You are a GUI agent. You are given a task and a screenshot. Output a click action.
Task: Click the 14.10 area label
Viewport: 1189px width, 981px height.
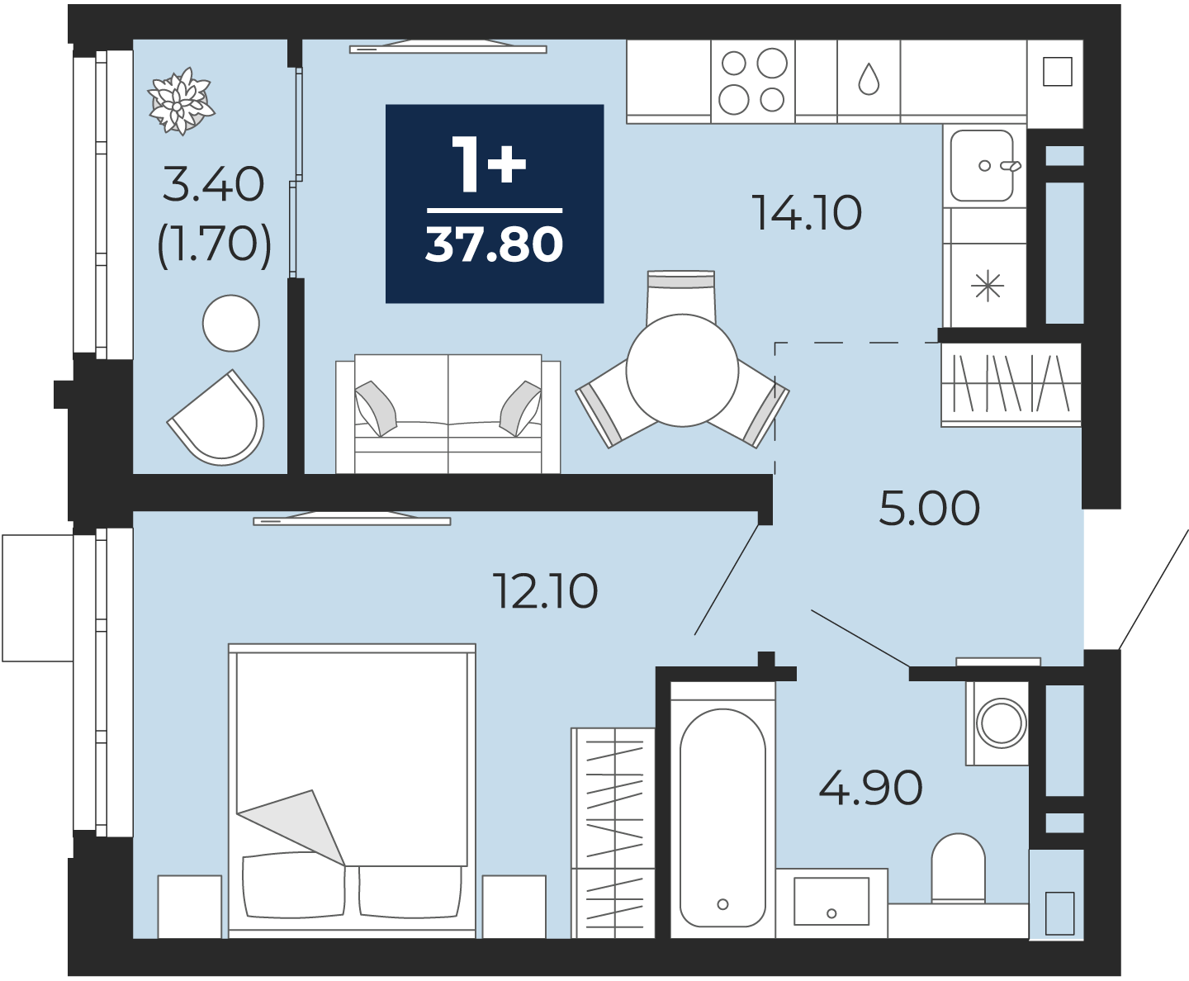(x=807, y=212)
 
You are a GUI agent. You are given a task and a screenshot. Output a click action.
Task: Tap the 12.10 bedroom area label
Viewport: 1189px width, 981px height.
(x=546, y=591)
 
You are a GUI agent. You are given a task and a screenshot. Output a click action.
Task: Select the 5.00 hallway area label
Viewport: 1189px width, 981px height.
(x=930, y=508)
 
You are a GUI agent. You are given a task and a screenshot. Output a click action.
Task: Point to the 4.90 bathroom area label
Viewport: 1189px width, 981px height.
(x=870, y=788)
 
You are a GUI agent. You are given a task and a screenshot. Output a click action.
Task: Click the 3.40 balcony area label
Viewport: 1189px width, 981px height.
(x=214, y=185)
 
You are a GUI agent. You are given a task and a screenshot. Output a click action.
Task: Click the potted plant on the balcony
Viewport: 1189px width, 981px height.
(x=181, y=102)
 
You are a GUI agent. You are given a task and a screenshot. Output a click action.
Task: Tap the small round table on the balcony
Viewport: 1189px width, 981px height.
(x=231, y=323)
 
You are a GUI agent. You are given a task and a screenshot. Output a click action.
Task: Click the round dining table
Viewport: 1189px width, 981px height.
(x=682, y=370)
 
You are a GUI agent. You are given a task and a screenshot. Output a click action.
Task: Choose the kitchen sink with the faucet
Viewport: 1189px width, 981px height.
(x=983, y=166)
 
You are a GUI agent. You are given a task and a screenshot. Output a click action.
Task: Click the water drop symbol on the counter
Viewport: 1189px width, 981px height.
(x=869, y=79)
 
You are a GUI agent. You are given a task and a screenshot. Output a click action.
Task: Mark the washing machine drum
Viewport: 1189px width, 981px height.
(x=1001, y=723)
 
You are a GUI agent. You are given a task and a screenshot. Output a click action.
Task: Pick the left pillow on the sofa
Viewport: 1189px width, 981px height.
(x=375, y=408)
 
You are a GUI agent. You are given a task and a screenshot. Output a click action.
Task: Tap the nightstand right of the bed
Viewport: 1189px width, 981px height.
(x=514, y=907)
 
